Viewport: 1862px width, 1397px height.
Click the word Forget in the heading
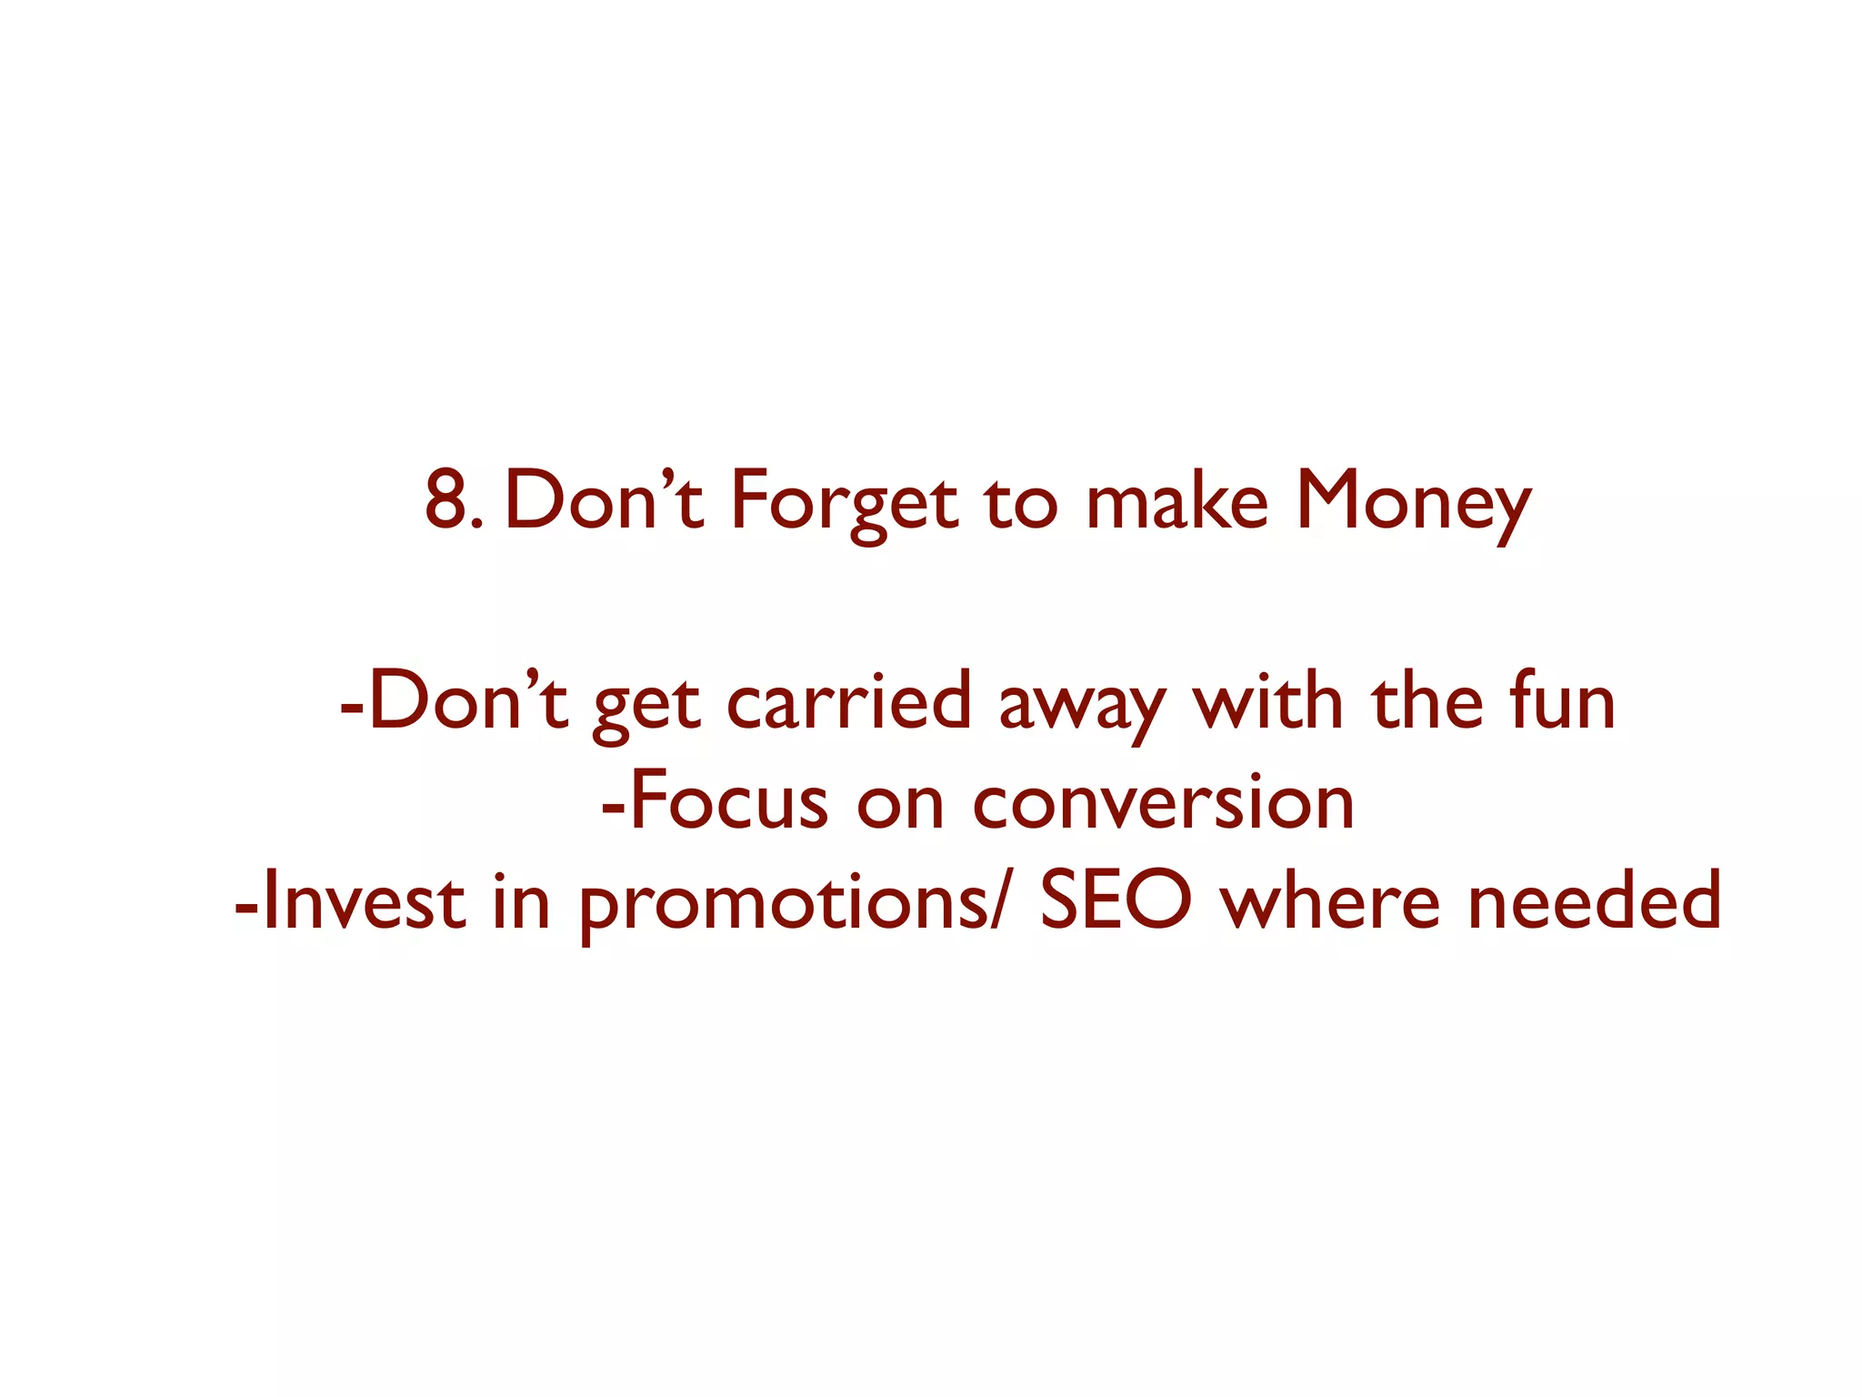click(x=844, y=502)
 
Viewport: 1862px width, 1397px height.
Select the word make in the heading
click(x=1176, y=502)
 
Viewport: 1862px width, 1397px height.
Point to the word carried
click(x=849, y=702)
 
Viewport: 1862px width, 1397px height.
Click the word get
click(x=646, y=708)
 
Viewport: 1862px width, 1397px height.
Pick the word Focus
click(x=727, y=802)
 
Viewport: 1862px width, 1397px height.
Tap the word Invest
click(x=364, y=902)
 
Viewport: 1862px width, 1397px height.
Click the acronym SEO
click(x=1115, y=902)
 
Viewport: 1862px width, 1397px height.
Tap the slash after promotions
click(x=998, y=902)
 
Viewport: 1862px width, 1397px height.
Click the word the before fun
click(x=1427, y=702)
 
